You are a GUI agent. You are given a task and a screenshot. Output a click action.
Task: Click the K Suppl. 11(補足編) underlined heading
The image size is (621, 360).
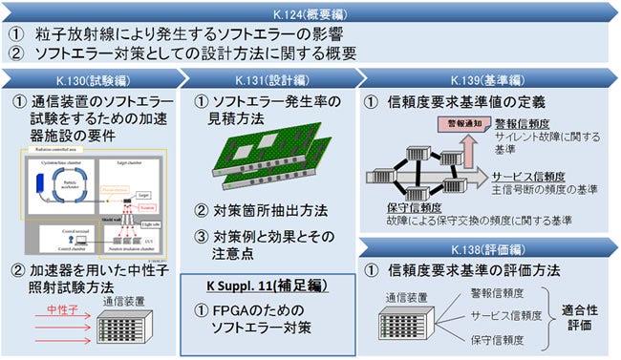point(268,286)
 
